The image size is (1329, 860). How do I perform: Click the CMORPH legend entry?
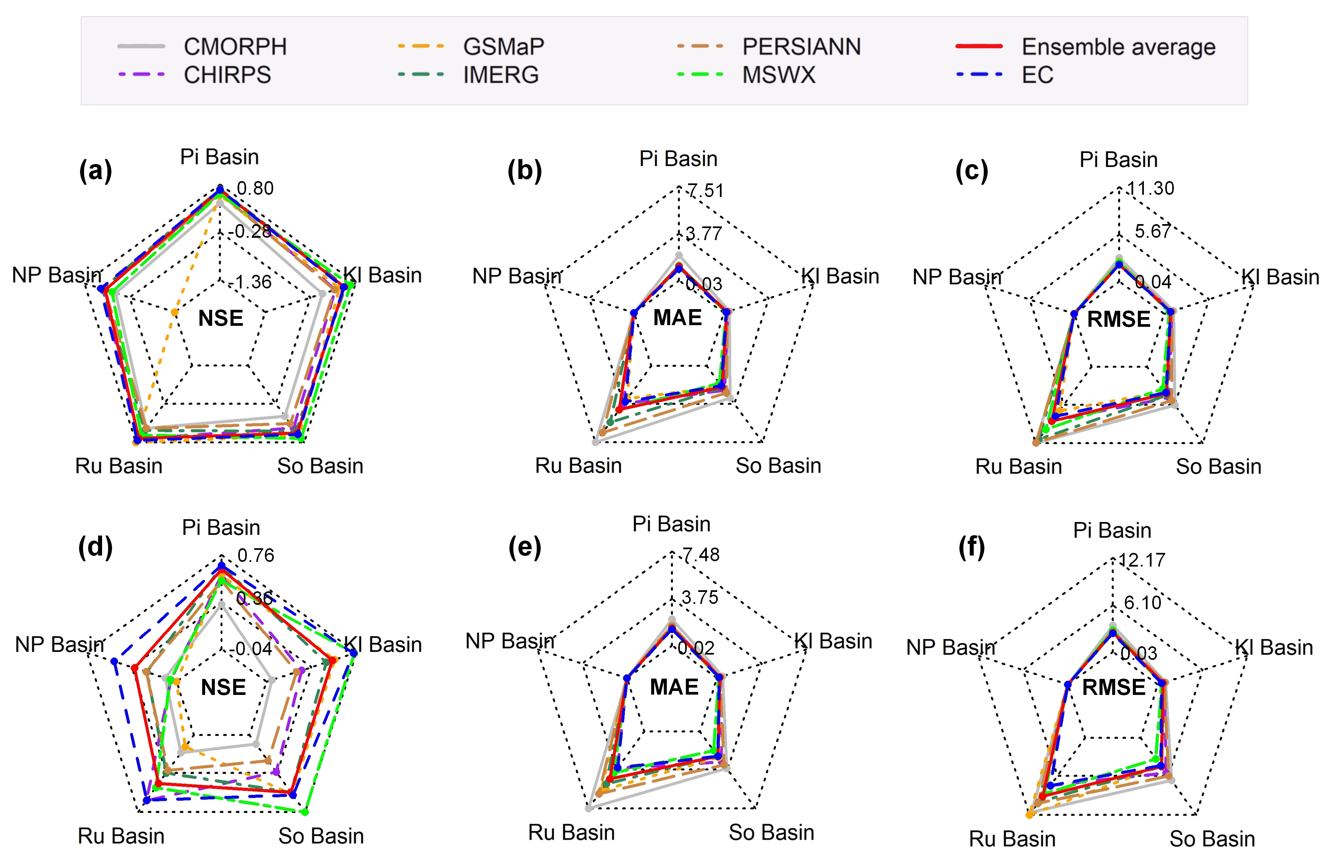235,47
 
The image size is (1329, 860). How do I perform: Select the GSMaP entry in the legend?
503,47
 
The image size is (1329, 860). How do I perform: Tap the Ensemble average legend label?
1118,47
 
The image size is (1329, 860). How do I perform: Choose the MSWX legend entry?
778,75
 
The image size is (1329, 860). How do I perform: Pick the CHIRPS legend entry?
227,75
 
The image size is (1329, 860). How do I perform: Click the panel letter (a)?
95,170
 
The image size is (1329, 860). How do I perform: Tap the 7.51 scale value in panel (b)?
705,191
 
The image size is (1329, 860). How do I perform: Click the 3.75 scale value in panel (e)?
700,598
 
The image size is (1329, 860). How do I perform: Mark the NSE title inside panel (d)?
224,688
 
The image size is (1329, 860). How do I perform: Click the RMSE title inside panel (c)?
1119,319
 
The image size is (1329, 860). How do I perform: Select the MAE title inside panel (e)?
674,687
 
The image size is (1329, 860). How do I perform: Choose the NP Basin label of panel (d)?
60,645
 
